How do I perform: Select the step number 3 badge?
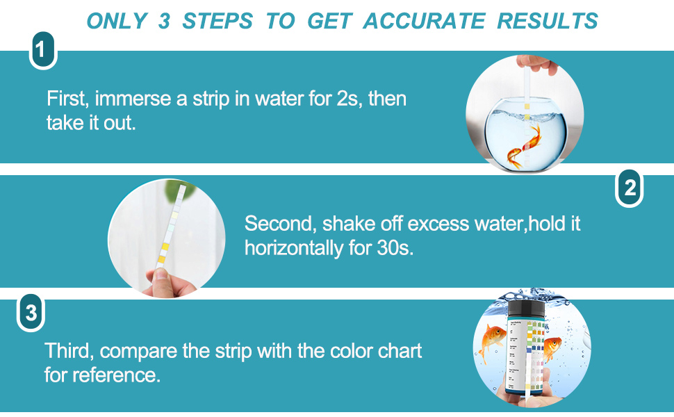31,314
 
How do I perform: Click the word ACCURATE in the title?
424,21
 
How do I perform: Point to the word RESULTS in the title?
548,21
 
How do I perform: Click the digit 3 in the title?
164,21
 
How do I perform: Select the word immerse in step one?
133,98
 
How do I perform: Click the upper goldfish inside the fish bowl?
533,131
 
